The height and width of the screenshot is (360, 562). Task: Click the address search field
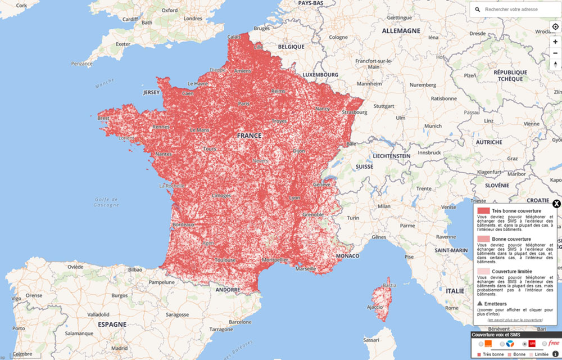[x=514, y=10]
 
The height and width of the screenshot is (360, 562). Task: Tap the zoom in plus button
[x=555, y=42]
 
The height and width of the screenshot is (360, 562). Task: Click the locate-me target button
[x=555, y=26]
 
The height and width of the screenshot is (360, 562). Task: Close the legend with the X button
[x=556, y=204]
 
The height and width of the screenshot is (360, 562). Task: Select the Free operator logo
[x=554, y=343]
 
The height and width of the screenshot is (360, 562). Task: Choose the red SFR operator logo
[x=532, y=343]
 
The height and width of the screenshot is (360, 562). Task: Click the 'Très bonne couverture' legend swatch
[x=483, y=210]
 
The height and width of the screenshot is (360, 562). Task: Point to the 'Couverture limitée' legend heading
[x=513, y=271]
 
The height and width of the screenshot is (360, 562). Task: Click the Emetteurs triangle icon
[x=480, y=303]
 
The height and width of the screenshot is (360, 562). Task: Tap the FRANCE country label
[x=249, y=136]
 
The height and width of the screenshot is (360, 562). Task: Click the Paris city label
[x=244, y=103]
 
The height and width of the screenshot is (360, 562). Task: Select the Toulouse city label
[x=225, y=260]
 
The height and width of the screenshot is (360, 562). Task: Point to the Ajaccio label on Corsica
[x=375, y=307]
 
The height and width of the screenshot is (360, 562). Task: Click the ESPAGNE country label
[x=112, y=325]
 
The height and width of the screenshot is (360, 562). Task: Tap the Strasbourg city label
[x=353, y=112]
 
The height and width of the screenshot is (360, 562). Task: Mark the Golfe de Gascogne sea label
[x=106, y=202]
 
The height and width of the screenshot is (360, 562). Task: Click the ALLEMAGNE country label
[x=401, y=30]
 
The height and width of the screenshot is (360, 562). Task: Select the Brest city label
[x=103, y=118]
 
